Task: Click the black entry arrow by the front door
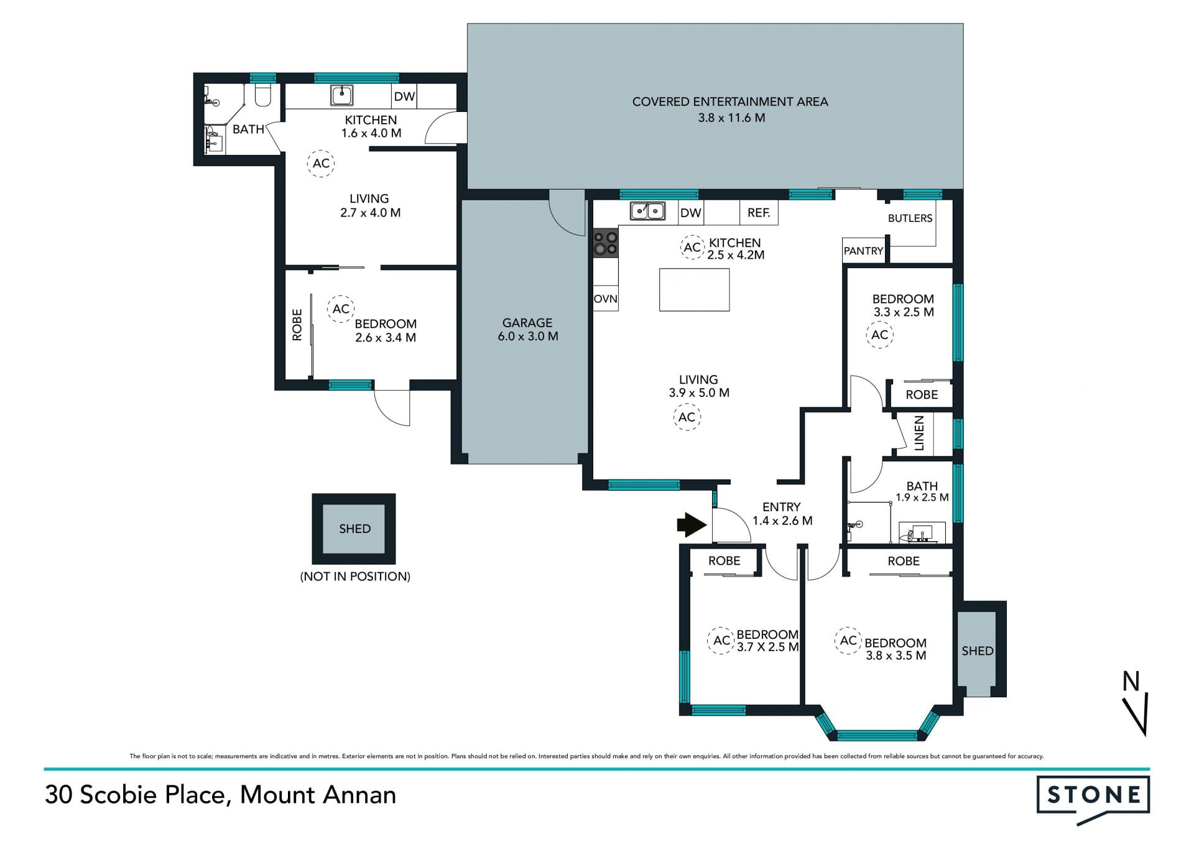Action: click(692, 524)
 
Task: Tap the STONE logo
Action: click(1093, 800)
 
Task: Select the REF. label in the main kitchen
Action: click(759, 213)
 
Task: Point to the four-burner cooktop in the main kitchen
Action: click(606, 243)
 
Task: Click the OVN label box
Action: click(606, 299)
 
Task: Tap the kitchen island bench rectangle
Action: click(694, 289)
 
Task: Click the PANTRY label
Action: click(863, 251)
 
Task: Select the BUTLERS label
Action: click(910, 218)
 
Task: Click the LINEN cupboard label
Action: click(919, 433)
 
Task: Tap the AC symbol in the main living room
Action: click(687, 417)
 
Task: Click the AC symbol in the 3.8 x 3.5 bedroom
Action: click(848, 641)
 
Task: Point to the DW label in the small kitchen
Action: click(404, 96)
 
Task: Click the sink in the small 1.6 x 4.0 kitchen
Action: click(342, 95)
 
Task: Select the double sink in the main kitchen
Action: click(647, 211)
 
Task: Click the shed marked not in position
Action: click(354, 529)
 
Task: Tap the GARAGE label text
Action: click(527, 323)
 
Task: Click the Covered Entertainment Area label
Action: click(730, 101)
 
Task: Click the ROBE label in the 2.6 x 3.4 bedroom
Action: click(297, 325)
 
